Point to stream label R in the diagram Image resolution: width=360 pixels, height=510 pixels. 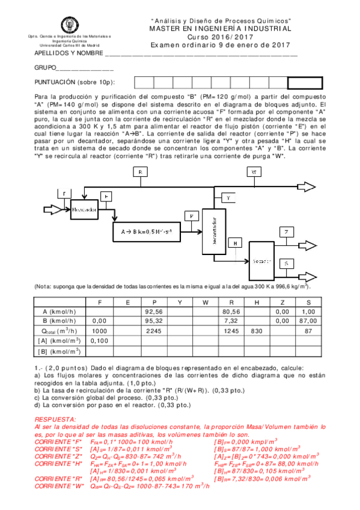pyautogui.click(x=139, y=172)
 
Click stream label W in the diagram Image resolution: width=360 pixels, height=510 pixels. pyautogui.click(x=254, y=172)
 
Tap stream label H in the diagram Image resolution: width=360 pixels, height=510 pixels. pyautogui.click(x=236, y=243)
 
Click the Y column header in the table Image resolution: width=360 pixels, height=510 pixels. pyautogui.click(x=180, y=302)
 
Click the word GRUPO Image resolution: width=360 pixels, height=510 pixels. pyautogui.click(x=45, y=67)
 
